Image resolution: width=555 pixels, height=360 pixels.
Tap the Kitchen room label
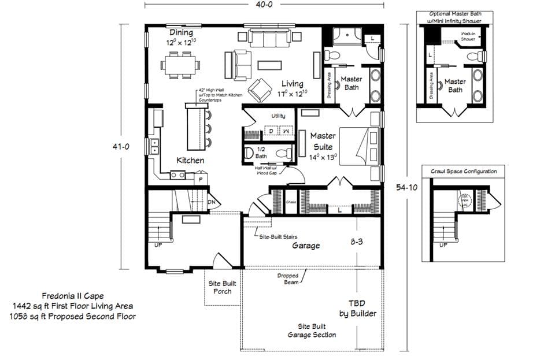click(190, 160)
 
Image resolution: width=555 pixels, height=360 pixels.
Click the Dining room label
click(181, 33)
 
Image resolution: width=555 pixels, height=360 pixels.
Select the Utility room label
click(278, 116)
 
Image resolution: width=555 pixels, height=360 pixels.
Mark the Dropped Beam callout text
click(287, 279)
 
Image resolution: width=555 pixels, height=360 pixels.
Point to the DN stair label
click(213, 202)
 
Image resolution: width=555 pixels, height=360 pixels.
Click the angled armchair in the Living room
click(261, 89)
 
